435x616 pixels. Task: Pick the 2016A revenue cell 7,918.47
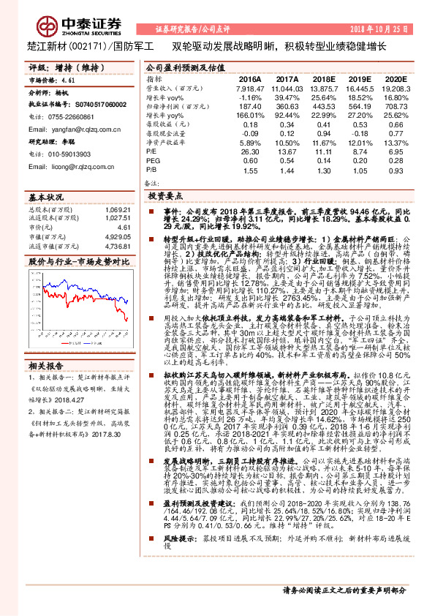(x=249, y=87)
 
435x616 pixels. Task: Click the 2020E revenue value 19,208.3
(x=394, y=87)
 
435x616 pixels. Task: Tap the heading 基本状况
(x=46, y=198)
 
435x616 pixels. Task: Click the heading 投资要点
(x=164, y=196)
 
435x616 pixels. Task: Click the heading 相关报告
(x=46, y=344)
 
